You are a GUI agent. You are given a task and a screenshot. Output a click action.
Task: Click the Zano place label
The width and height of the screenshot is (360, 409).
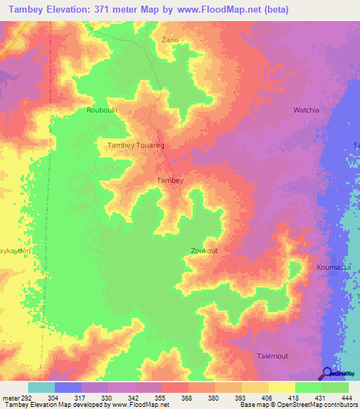coord(171,40)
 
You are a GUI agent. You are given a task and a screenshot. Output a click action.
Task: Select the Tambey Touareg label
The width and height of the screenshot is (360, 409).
coord(135,145)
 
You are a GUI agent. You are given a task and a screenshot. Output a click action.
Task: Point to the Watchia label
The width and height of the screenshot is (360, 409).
coord(306,110)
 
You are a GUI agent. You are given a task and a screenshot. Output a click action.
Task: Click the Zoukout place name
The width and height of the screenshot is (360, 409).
coord(204,250)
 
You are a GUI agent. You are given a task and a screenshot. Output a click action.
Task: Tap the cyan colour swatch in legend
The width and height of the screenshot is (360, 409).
coord(41,387)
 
